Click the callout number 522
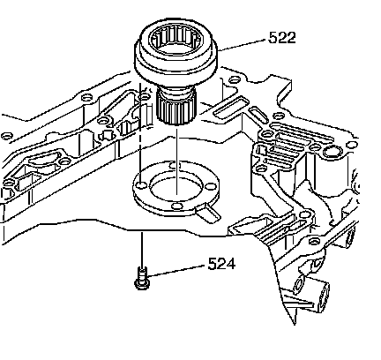coord(282,38)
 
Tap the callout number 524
coord(221,264)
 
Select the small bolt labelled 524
coord(142,278)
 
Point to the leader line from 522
coord(243,45)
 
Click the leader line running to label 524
coord(176,271)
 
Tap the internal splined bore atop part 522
coord(176,41)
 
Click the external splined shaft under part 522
coord(176,107)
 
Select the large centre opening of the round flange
coord(176,186)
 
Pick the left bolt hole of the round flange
coord(142,185)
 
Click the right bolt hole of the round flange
coord(211,187)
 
